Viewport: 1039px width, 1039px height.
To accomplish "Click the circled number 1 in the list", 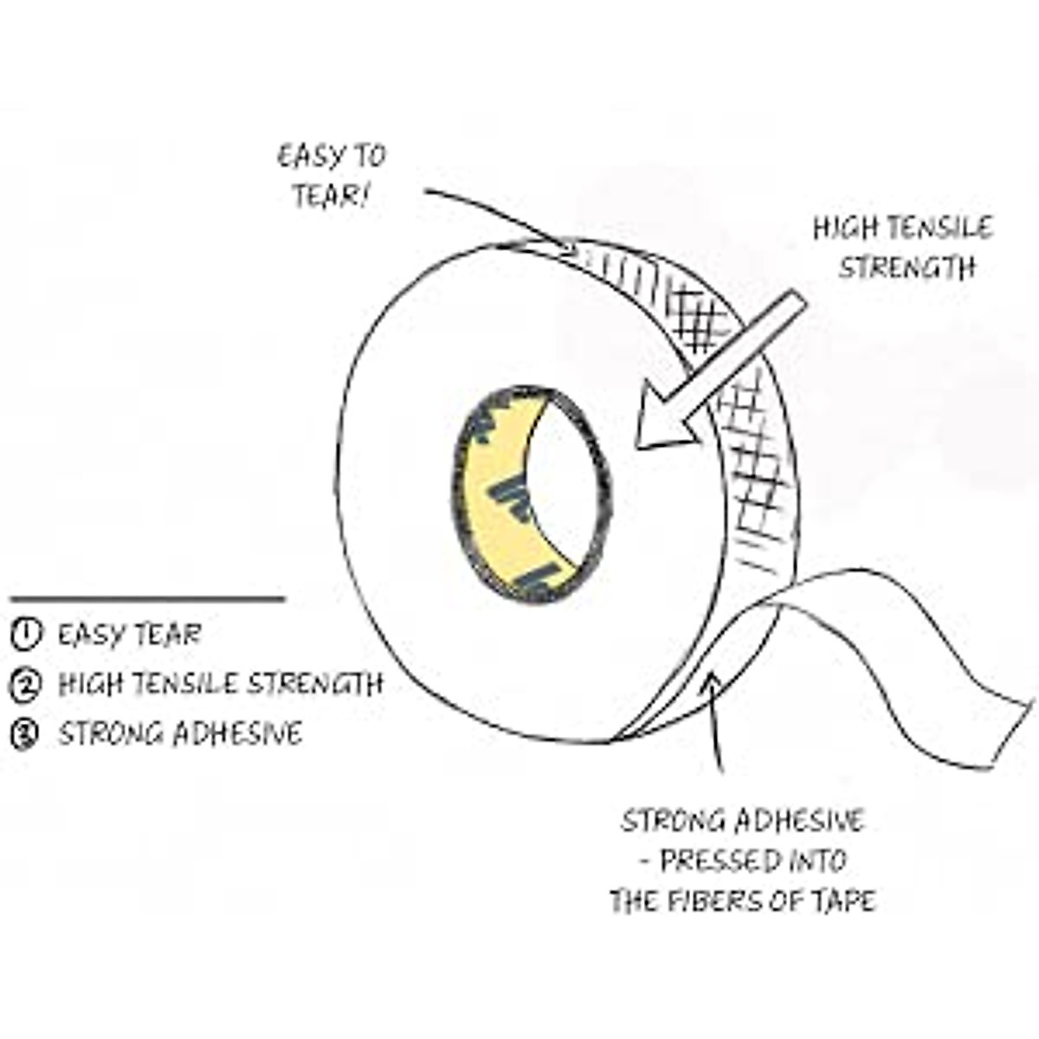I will coord(26,635).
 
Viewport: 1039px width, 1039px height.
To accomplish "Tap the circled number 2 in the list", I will coord(26,685).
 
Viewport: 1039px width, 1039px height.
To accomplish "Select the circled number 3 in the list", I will coord(26,734).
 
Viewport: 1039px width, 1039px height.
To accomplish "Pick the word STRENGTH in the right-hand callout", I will coord(907,268).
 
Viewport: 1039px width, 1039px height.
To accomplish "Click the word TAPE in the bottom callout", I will coord(844,900).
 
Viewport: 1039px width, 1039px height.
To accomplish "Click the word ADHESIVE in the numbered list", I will coord(237,734).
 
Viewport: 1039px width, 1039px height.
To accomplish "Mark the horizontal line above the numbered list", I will coord(147,598).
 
